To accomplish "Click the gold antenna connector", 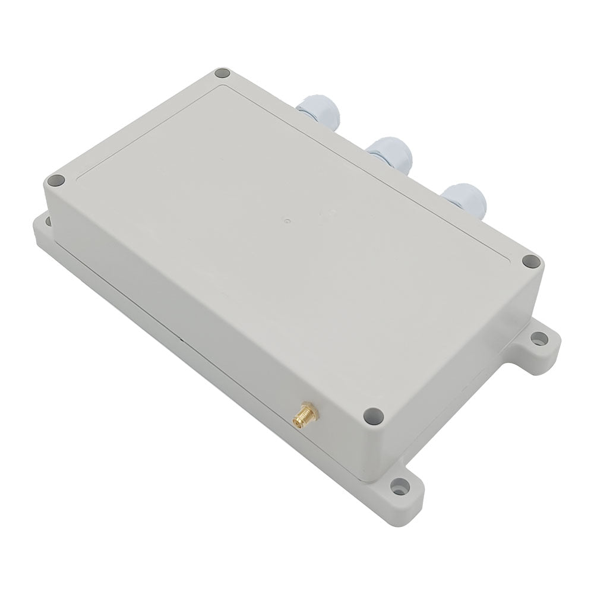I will click(304, 414).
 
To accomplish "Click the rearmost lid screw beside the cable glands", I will click(222, 74).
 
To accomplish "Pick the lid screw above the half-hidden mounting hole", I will click(56, 181).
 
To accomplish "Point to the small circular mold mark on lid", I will click(287, 220).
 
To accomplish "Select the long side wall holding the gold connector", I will click(208, 333).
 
